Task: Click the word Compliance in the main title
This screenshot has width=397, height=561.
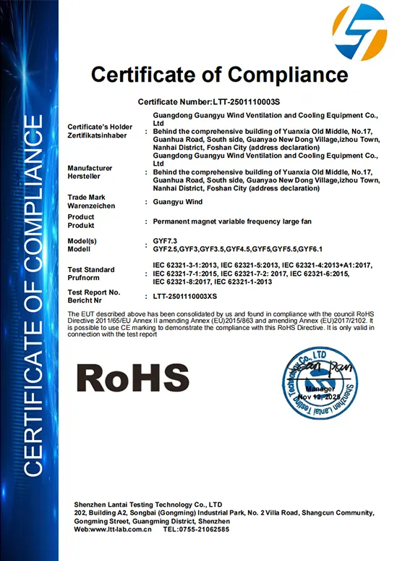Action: (281, 75)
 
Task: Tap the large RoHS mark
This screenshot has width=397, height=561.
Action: (132, 378)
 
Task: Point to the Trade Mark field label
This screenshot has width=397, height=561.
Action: (87, 197)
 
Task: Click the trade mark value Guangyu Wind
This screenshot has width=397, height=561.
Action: (179, 202)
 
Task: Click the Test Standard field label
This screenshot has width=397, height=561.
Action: (90, 269)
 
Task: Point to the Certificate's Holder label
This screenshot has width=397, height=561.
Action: (98, 126)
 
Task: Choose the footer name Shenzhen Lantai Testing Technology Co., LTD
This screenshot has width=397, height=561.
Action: (148, 504)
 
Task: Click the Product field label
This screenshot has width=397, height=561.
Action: (81, 216)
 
